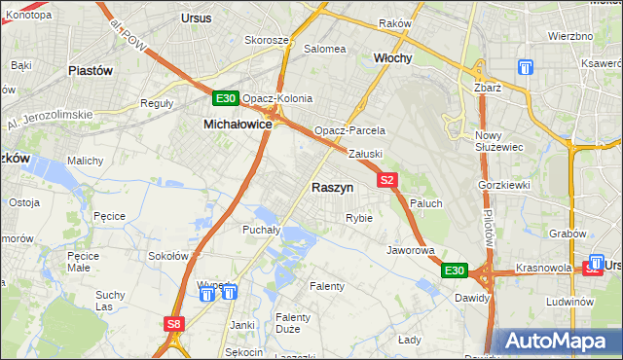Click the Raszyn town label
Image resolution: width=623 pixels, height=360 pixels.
click(332, 187)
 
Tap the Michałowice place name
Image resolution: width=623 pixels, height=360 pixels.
click(237, 125)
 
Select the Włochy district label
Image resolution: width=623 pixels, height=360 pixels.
click(393, 58)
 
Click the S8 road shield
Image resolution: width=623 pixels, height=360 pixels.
click(173, 324)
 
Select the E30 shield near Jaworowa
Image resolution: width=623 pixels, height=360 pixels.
click(454, 270)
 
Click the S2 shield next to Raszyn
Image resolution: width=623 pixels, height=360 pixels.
click(387, 180)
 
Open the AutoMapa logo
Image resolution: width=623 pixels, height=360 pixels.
click(559, 341)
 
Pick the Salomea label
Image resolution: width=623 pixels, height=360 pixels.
click(325, 49)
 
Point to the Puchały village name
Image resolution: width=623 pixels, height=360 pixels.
click(261, 231)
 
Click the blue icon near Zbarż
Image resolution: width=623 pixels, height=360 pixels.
click(526, 68)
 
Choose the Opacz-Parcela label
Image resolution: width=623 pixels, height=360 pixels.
click(349, 130)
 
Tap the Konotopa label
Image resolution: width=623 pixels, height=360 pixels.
click(28, 16)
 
